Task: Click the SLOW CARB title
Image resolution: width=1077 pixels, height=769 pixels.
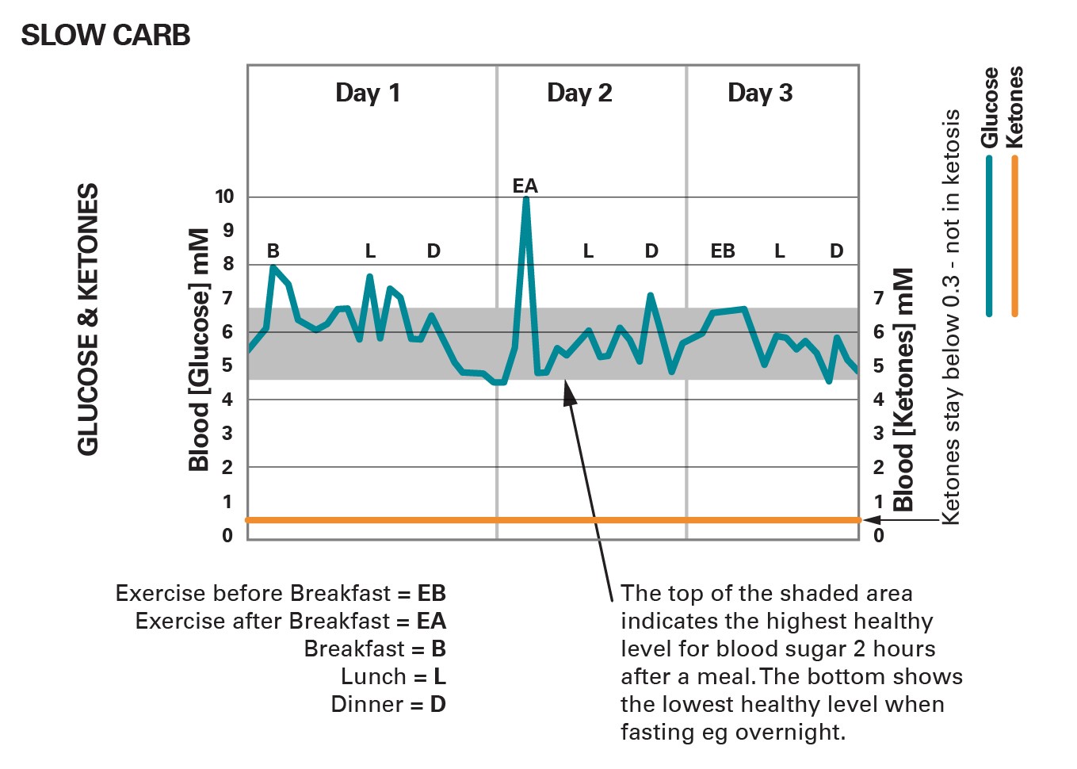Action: (x=105, y=36)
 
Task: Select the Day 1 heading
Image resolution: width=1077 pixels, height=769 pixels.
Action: (x=368, y=93)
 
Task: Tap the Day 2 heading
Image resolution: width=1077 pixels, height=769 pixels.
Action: (x=579, y=93)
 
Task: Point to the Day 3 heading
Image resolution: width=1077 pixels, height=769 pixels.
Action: (x=760, y=93)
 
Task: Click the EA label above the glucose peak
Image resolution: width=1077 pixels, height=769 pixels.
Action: (x=525, y=186)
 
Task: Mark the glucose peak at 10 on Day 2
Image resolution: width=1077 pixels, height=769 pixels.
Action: (x=525, y=199)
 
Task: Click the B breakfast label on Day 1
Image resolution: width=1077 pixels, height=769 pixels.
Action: (x=273, y=251)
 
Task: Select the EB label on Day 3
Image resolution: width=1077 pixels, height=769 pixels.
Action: (x=722, y=251)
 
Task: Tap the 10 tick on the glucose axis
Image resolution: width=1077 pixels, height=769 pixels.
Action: (x=224, y=197)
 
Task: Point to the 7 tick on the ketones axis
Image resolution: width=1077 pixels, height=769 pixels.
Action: (x=878, y=298)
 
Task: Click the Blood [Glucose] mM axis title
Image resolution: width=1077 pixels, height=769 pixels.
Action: (x=199, y=350)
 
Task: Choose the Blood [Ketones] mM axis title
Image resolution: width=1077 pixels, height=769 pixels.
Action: (x=903, y=389)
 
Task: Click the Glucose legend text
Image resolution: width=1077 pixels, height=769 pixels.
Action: (x=989, y=107)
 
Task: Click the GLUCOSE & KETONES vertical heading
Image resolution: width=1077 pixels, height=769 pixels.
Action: (x=88, y=319)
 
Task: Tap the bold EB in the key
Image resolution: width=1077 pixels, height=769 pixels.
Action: (x=432, y=593)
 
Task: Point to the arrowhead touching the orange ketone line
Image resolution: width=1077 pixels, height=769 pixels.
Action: (x=870, y=520)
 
